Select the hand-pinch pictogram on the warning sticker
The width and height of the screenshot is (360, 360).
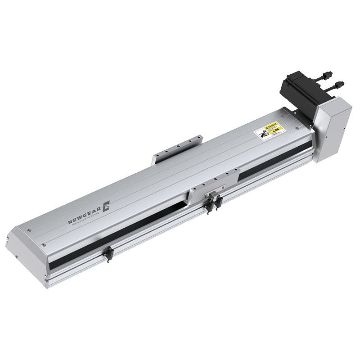pyautogui.click(x=261, y=134)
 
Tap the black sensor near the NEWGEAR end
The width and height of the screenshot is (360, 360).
pyautogui.click(x=108, y=255)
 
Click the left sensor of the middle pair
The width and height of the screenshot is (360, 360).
pyautogui.click(x=209, y=205)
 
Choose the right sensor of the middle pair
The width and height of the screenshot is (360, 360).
pyautogui.click(x=219, y=201)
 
